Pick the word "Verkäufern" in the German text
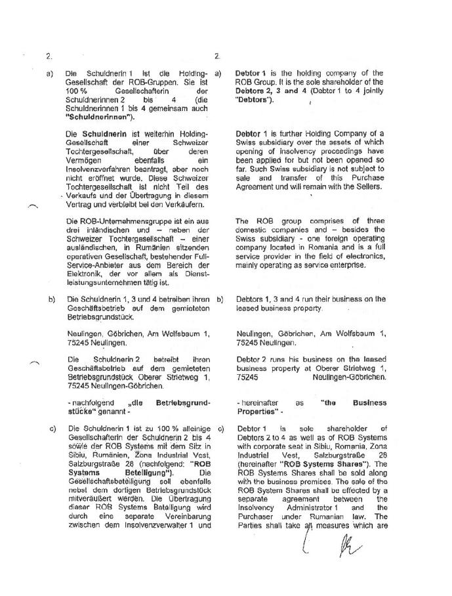[177, 204]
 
